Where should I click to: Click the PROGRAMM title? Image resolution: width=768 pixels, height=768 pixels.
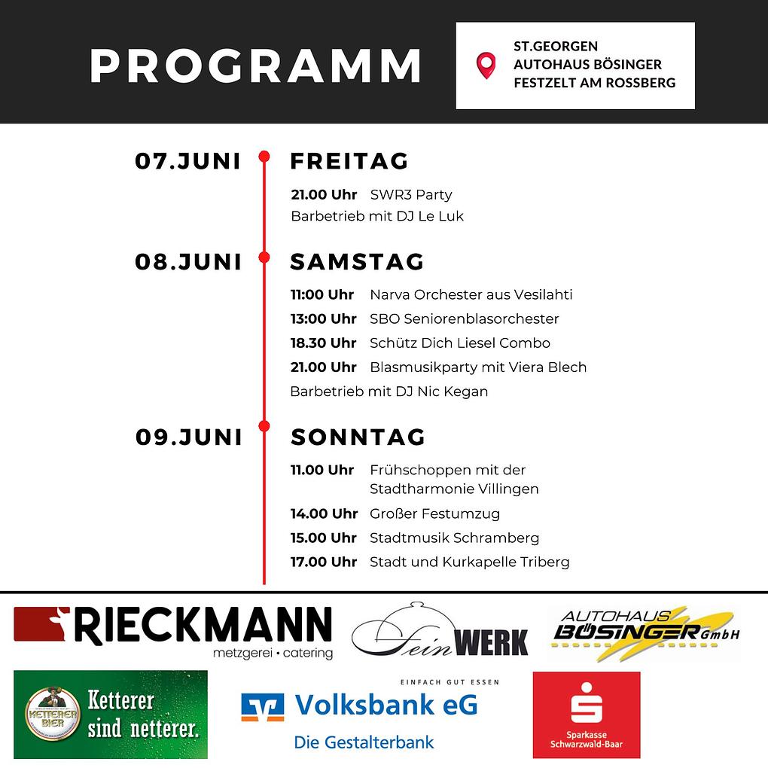[255, 66]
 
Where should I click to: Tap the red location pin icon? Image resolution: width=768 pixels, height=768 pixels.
[486, 65]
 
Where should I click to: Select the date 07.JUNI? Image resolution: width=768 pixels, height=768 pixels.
[188, 161]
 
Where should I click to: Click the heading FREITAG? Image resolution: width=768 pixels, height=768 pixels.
[349, 161]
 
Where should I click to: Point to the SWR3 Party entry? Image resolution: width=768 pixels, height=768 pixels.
[411, 194]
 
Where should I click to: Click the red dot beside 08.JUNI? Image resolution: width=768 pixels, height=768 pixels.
[264, 258]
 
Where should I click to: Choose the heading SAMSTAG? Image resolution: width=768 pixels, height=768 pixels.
[357, 261]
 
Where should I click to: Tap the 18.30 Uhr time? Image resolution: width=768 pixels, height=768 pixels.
[324, 343]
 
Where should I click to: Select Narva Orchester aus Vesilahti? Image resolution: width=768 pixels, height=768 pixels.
[471, 294]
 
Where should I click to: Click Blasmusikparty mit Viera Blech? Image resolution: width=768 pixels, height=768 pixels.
[478, 367]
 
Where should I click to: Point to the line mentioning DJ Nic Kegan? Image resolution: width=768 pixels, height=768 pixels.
[389, 392]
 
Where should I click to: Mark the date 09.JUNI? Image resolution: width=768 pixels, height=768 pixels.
[189, 437]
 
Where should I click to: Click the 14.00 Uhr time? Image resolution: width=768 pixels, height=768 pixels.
[324, 514]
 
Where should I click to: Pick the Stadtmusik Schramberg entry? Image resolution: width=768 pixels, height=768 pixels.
[454, 538]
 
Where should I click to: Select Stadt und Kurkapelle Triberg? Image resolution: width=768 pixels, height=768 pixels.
[469, 562]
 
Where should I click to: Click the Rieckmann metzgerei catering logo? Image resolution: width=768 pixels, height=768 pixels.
[173, 632]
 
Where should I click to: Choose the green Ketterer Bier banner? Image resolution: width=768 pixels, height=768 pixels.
[111, 715]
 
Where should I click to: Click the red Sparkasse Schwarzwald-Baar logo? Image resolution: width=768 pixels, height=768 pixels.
[586, 715]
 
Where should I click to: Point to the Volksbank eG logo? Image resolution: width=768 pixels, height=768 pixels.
[360, 715]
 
